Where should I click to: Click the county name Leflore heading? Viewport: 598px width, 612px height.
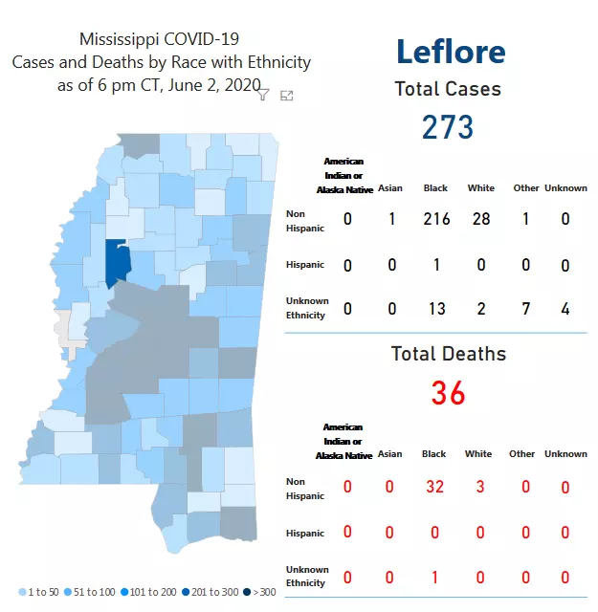click(x=450, y=52)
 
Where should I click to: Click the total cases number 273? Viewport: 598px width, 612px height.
click(x=448, y=126)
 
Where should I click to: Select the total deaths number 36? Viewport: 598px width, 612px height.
click(x=448, y=392)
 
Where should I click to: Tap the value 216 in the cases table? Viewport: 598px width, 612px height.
click(x=436, y=219)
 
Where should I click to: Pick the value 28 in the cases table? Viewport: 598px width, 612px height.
click(x=480, y=219)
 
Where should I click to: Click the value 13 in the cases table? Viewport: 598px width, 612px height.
click(x=436, y=307)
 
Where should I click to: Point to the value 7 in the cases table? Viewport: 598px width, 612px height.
click(x=525, y=307)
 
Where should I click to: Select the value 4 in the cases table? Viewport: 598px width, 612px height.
click(x=565, y=307)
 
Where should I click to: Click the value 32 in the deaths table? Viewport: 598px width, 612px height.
click(x=435, y=487)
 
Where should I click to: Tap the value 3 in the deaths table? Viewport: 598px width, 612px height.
click(x=480, y=487)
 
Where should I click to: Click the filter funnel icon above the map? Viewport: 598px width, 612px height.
click(x=263, y=95)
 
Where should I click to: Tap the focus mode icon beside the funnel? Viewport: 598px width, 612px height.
click(x=286, y=95)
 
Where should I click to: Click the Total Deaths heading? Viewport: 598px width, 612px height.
click(x=448, y=354)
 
